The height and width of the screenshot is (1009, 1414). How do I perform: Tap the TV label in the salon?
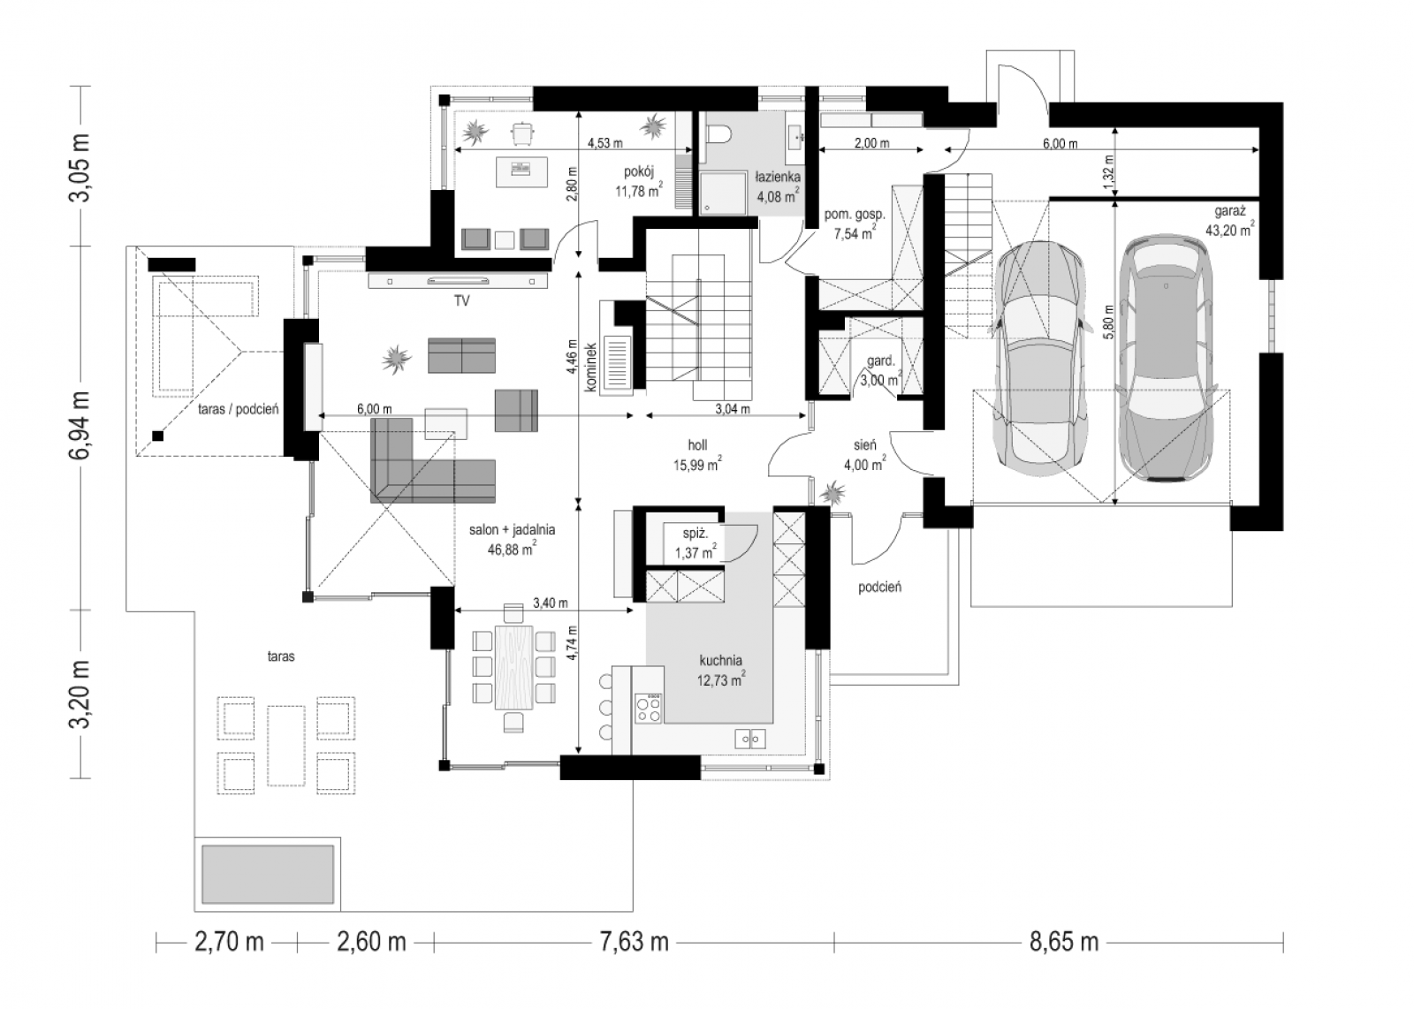click(461, 301)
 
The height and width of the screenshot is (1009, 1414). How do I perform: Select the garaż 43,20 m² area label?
click(1229, 221)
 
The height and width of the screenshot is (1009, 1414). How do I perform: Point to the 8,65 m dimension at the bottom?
click(1064, 943)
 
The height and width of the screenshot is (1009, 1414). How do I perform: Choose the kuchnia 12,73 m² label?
click(721, 670)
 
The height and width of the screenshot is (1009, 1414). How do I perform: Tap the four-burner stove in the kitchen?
click(649, 708)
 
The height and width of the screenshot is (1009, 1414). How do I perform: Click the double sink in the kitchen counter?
click(750, 739)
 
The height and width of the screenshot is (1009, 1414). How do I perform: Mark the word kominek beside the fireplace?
click(590, 368)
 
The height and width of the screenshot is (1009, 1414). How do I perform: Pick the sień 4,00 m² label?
click(865, 455)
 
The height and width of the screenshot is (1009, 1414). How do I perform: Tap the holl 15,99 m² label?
click(697, 455)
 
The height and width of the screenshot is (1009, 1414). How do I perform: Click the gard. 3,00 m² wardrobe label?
click(880, 370)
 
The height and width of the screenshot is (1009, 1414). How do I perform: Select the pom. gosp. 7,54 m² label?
click(855, 224)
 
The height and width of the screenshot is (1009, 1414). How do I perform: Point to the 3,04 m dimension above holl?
click(733, 409)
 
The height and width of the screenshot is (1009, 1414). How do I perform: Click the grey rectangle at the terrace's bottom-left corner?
click(268, 875)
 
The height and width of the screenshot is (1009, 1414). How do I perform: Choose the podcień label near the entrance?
click(879, 587)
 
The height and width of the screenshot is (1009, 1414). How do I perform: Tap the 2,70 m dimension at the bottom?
click(229, 943)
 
